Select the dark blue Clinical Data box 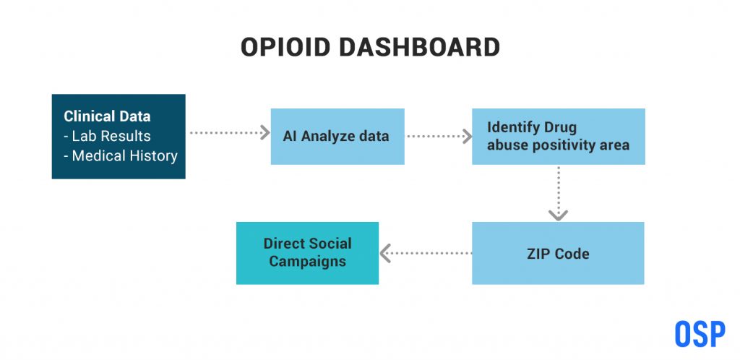119,137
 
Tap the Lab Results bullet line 107,136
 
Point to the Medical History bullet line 121,155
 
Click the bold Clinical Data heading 107,116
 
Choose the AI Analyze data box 337,137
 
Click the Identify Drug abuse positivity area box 559,137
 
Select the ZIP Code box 558,253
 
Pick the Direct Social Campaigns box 307,253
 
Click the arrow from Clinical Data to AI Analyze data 229,132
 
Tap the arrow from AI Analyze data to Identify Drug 439,137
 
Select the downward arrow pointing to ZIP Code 559,194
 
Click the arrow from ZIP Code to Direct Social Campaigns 426,253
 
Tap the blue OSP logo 700,333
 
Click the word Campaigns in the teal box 307,262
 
